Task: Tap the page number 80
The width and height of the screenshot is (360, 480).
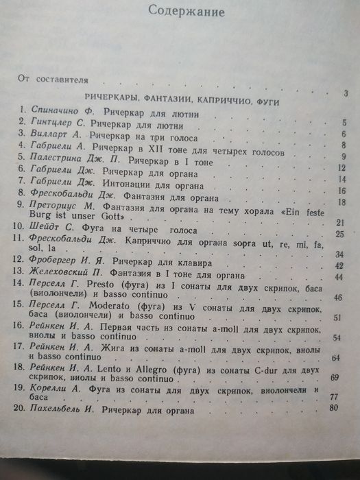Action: pyautogui.click(x=335, y=409)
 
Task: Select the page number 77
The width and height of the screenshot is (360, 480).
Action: pyautogui.click(x=335, y=396)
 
